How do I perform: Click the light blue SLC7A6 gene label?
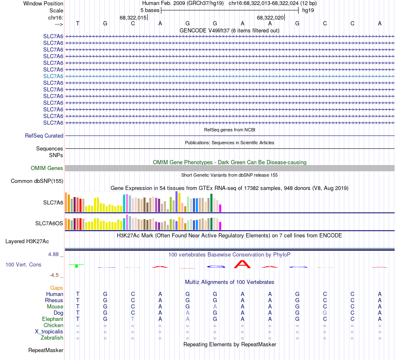tap(53, 76)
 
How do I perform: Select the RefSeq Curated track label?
tap(44, 136)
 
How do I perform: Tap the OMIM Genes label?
tap(47, 168)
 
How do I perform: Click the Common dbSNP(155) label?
tap(37, 181)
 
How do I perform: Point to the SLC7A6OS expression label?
tap(49, 224)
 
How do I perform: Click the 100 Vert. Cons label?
tap(23, 264)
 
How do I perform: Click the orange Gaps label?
tap(57, 288)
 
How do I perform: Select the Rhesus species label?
tap(54, 300)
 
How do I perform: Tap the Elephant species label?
tap(52, 319)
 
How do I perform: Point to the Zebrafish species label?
tap(52, 338)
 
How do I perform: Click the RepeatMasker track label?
tap(45, 350)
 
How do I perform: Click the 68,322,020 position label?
tap(270, 17)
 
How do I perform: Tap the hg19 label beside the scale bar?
tap(308, 10)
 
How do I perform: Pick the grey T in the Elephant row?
tap(133, 319)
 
